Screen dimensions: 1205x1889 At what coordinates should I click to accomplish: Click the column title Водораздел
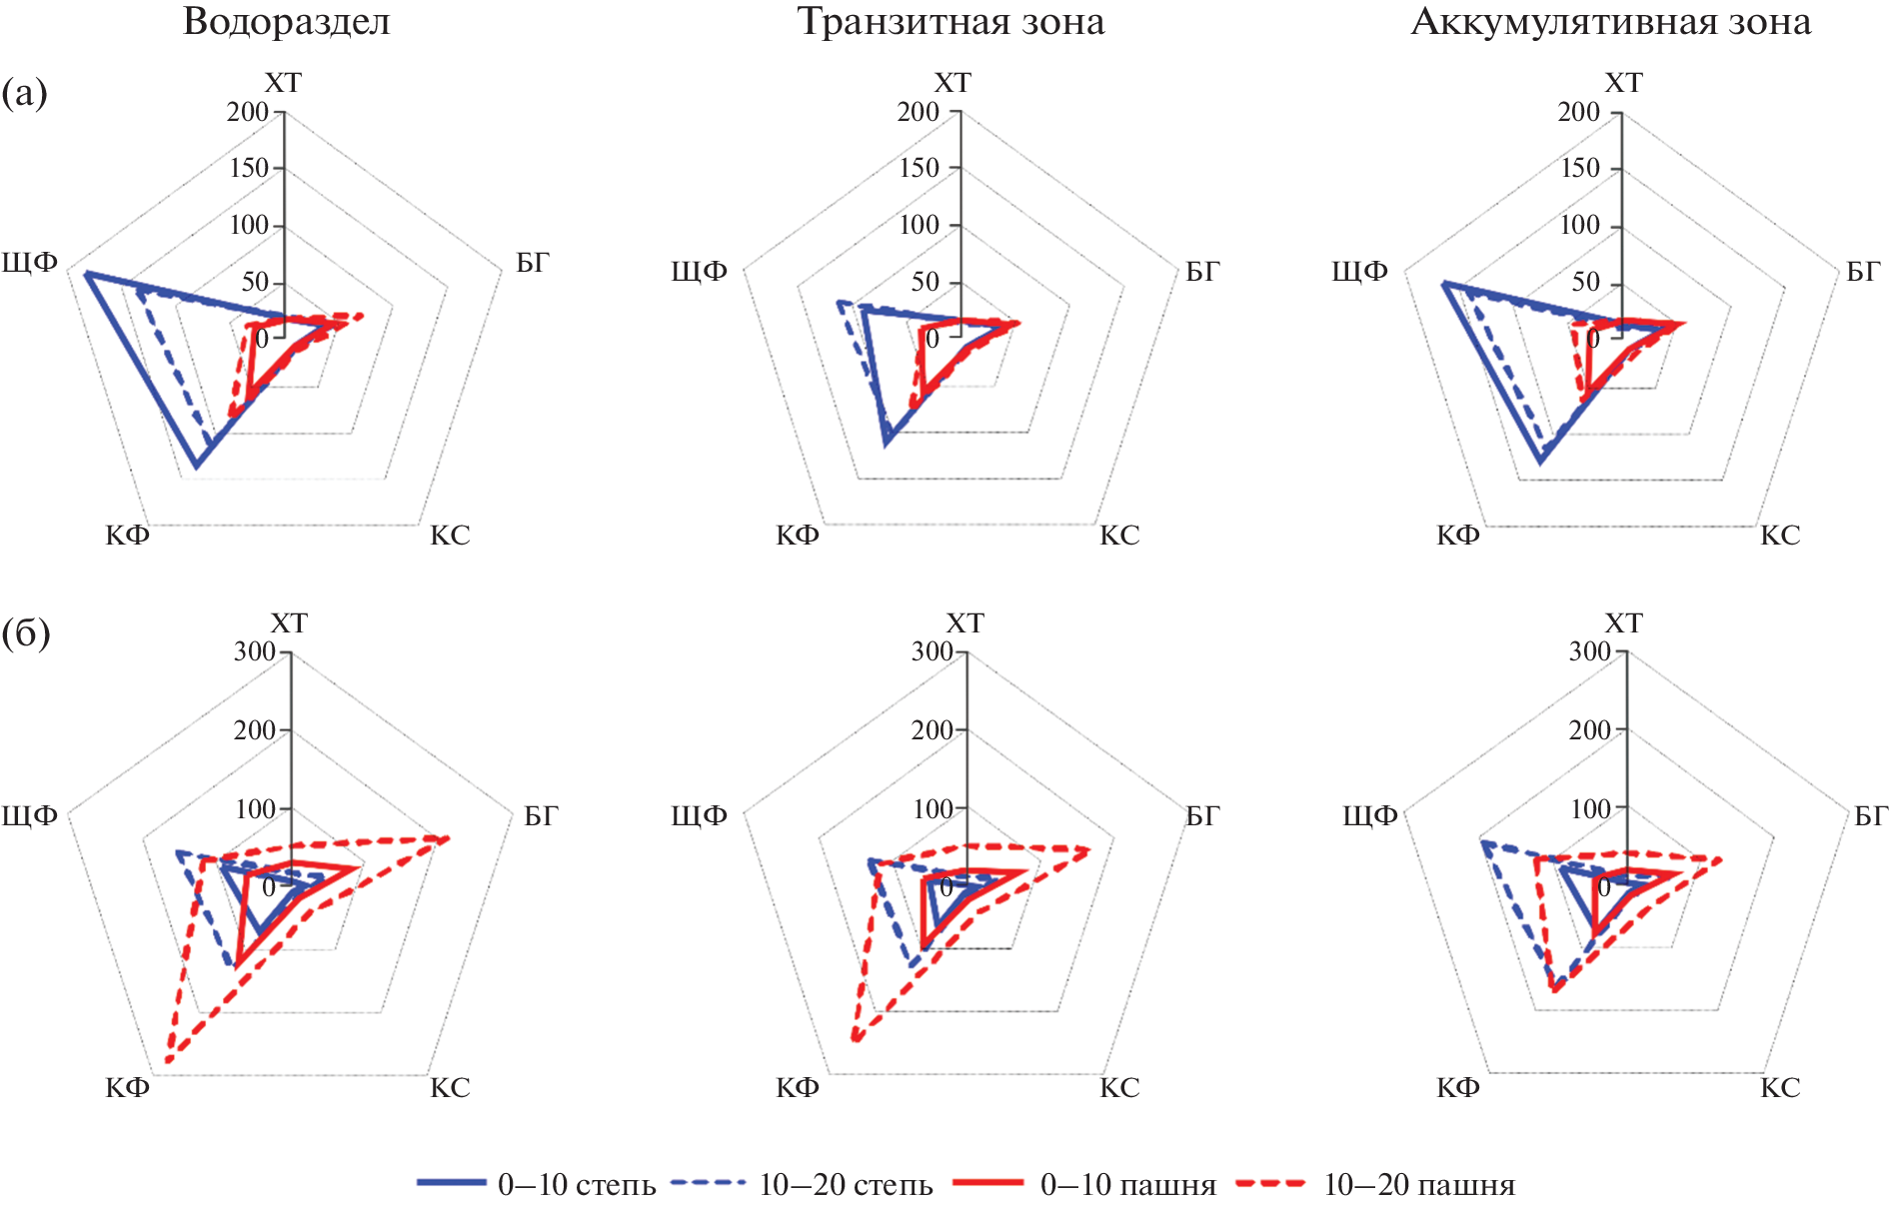tap(287, 22)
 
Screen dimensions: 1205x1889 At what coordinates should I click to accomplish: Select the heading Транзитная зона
tap(950, 22)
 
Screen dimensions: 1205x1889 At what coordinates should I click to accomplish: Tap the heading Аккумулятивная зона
tap(1610, 22)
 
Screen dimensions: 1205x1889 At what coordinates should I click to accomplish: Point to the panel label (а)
tap(24, 93)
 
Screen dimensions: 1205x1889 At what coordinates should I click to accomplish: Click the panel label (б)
tap(26, 632)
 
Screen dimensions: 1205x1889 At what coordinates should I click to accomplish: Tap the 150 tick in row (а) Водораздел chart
tap(249, 168)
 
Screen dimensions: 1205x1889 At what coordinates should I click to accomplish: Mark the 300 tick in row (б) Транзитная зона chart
tap(932, 651)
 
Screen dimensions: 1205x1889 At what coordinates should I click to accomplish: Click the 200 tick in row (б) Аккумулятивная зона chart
tap(1589, 730)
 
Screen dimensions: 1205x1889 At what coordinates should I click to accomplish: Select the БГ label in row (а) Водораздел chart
tap(533, 263)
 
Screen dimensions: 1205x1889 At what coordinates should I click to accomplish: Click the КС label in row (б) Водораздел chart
tap(450, 1087)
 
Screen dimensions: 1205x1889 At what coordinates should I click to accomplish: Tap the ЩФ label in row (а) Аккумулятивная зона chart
tap(1359, 271)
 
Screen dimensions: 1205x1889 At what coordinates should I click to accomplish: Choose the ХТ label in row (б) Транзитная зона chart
tap(964, 623)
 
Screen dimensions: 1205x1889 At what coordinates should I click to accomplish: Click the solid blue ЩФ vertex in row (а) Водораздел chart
tap(87, 273)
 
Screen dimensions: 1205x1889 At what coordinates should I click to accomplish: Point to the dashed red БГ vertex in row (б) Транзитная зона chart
tap(1087, 849)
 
